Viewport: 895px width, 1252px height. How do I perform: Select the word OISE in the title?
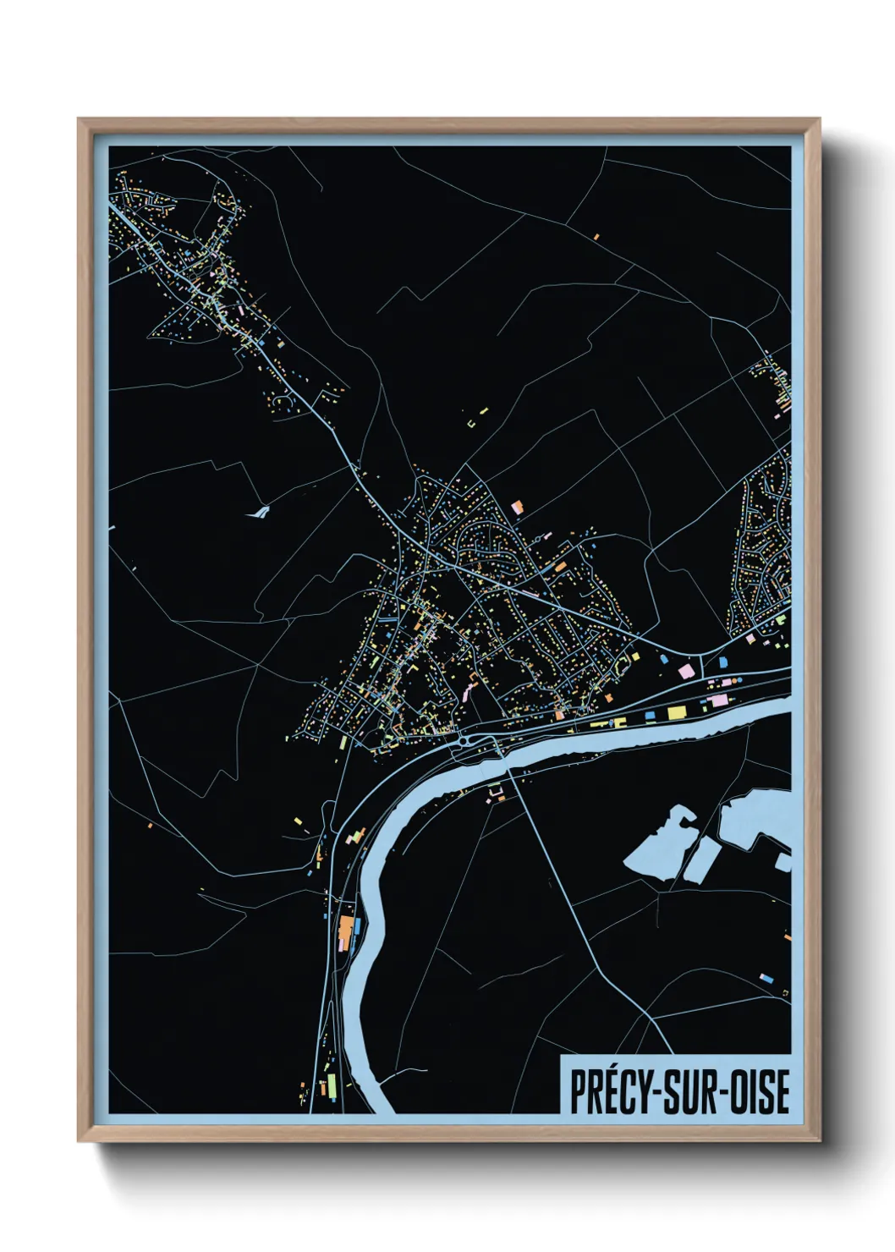click(758, 1091)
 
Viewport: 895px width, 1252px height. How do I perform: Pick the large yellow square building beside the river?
click(676, 713)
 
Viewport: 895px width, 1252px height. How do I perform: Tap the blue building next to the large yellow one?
click(651, 717)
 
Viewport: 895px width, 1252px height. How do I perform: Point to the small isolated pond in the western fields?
click(258, 511)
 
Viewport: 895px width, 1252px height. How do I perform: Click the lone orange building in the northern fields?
click(596, 237)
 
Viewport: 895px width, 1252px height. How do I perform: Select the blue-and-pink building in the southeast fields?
click(766, 978)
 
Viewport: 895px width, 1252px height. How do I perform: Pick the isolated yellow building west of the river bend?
click(298, 819)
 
